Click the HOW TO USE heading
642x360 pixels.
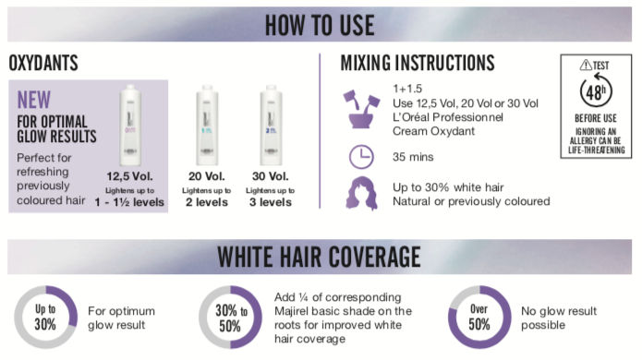(320, 25)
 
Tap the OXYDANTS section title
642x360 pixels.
(43, 63)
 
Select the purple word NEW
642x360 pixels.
(33, 100)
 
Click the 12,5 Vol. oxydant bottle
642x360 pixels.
(130, 125)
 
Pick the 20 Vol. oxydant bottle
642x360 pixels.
(207, 125)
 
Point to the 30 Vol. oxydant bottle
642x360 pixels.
(271, 125)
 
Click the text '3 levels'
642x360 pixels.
(271, 202)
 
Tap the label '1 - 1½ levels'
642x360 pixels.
(129, 202)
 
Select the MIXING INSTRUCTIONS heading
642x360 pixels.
(418, 63)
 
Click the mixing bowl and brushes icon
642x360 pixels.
(361, 110)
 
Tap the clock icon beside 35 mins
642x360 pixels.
(361, 157)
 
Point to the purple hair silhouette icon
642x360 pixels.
(361, 194)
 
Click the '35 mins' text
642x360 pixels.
(413, 157)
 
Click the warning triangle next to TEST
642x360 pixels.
(586, 65)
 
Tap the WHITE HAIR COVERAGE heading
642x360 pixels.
(319, 257)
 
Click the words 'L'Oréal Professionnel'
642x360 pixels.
(448, 117)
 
